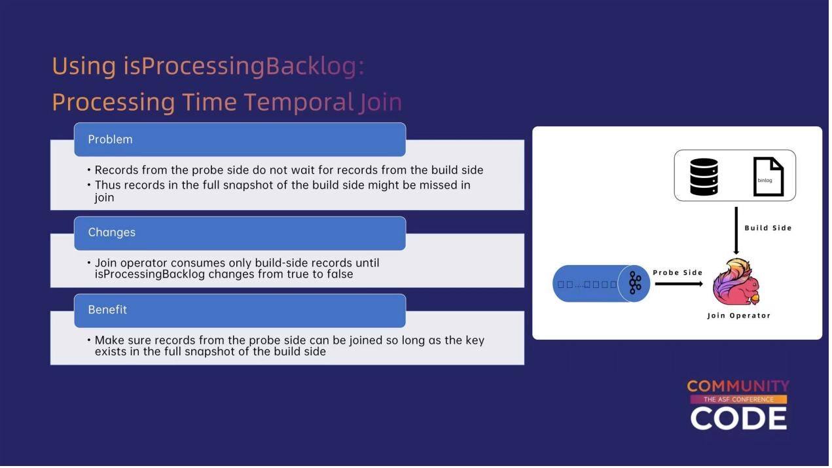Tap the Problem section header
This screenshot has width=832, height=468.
click(241, 139)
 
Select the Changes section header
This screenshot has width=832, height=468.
click(241, 234)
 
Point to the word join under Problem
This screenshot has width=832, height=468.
click(104, 198)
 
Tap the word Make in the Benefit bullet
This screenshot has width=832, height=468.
click(109, 341)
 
